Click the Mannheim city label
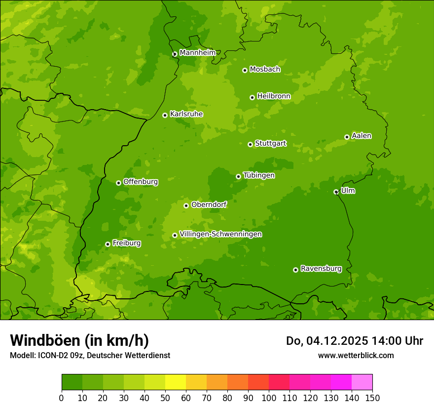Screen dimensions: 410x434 pos(197,53)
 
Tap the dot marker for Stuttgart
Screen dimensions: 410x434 pos(250,144)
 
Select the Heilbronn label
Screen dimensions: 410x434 pos(274,96)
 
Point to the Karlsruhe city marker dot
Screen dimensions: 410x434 pos(165,115)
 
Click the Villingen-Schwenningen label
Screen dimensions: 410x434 pos(220,234)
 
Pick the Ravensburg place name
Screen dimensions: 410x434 pos(321,269)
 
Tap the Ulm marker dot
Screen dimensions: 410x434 pos(336,192)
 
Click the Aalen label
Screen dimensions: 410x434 pos(362,136)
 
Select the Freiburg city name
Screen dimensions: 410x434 pos(126,243)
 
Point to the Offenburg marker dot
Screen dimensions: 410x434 pos(118,183)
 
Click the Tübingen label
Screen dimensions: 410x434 pos(259,175)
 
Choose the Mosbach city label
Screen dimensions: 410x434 pos(265,70)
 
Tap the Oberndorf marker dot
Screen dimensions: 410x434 pos(186,205)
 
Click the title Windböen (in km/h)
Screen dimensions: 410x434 pos(79,340)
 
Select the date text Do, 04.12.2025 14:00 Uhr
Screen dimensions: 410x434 pos(354,341)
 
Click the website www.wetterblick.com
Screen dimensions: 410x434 pos(356,355)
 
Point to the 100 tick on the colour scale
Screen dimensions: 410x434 pos(269,398)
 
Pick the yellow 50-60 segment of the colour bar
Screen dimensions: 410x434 pos(176,382)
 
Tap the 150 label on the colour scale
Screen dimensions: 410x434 pos(372,398)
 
